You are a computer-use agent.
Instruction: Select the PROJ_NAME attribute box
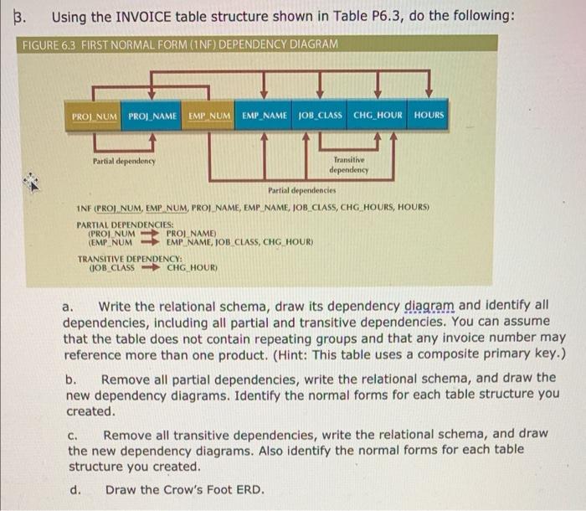pos(153,115)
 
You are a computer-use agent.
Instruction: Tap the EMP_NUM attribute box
pos(209,115)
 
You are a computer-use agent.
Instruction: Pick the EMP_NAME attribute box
pos(265,115)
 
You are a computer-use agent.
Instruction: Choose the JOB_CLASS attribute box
pos(321,115)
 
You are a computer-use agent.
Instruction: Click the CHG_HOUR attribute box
pos(378,115)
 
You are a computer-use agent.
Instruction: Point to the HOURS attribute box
pos(429,115)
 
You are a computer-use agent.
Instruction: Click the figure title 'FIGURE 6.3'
pos(49,44)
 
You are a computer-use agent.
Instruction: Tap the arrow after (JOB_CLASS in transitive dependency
pos(150,267)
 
